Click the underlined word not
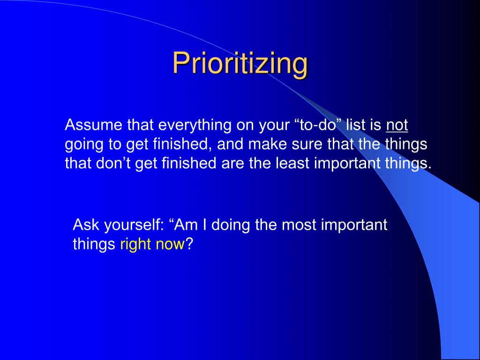[397, 125]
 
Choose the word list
[355, 125]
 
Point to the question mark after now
[189, 244]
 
